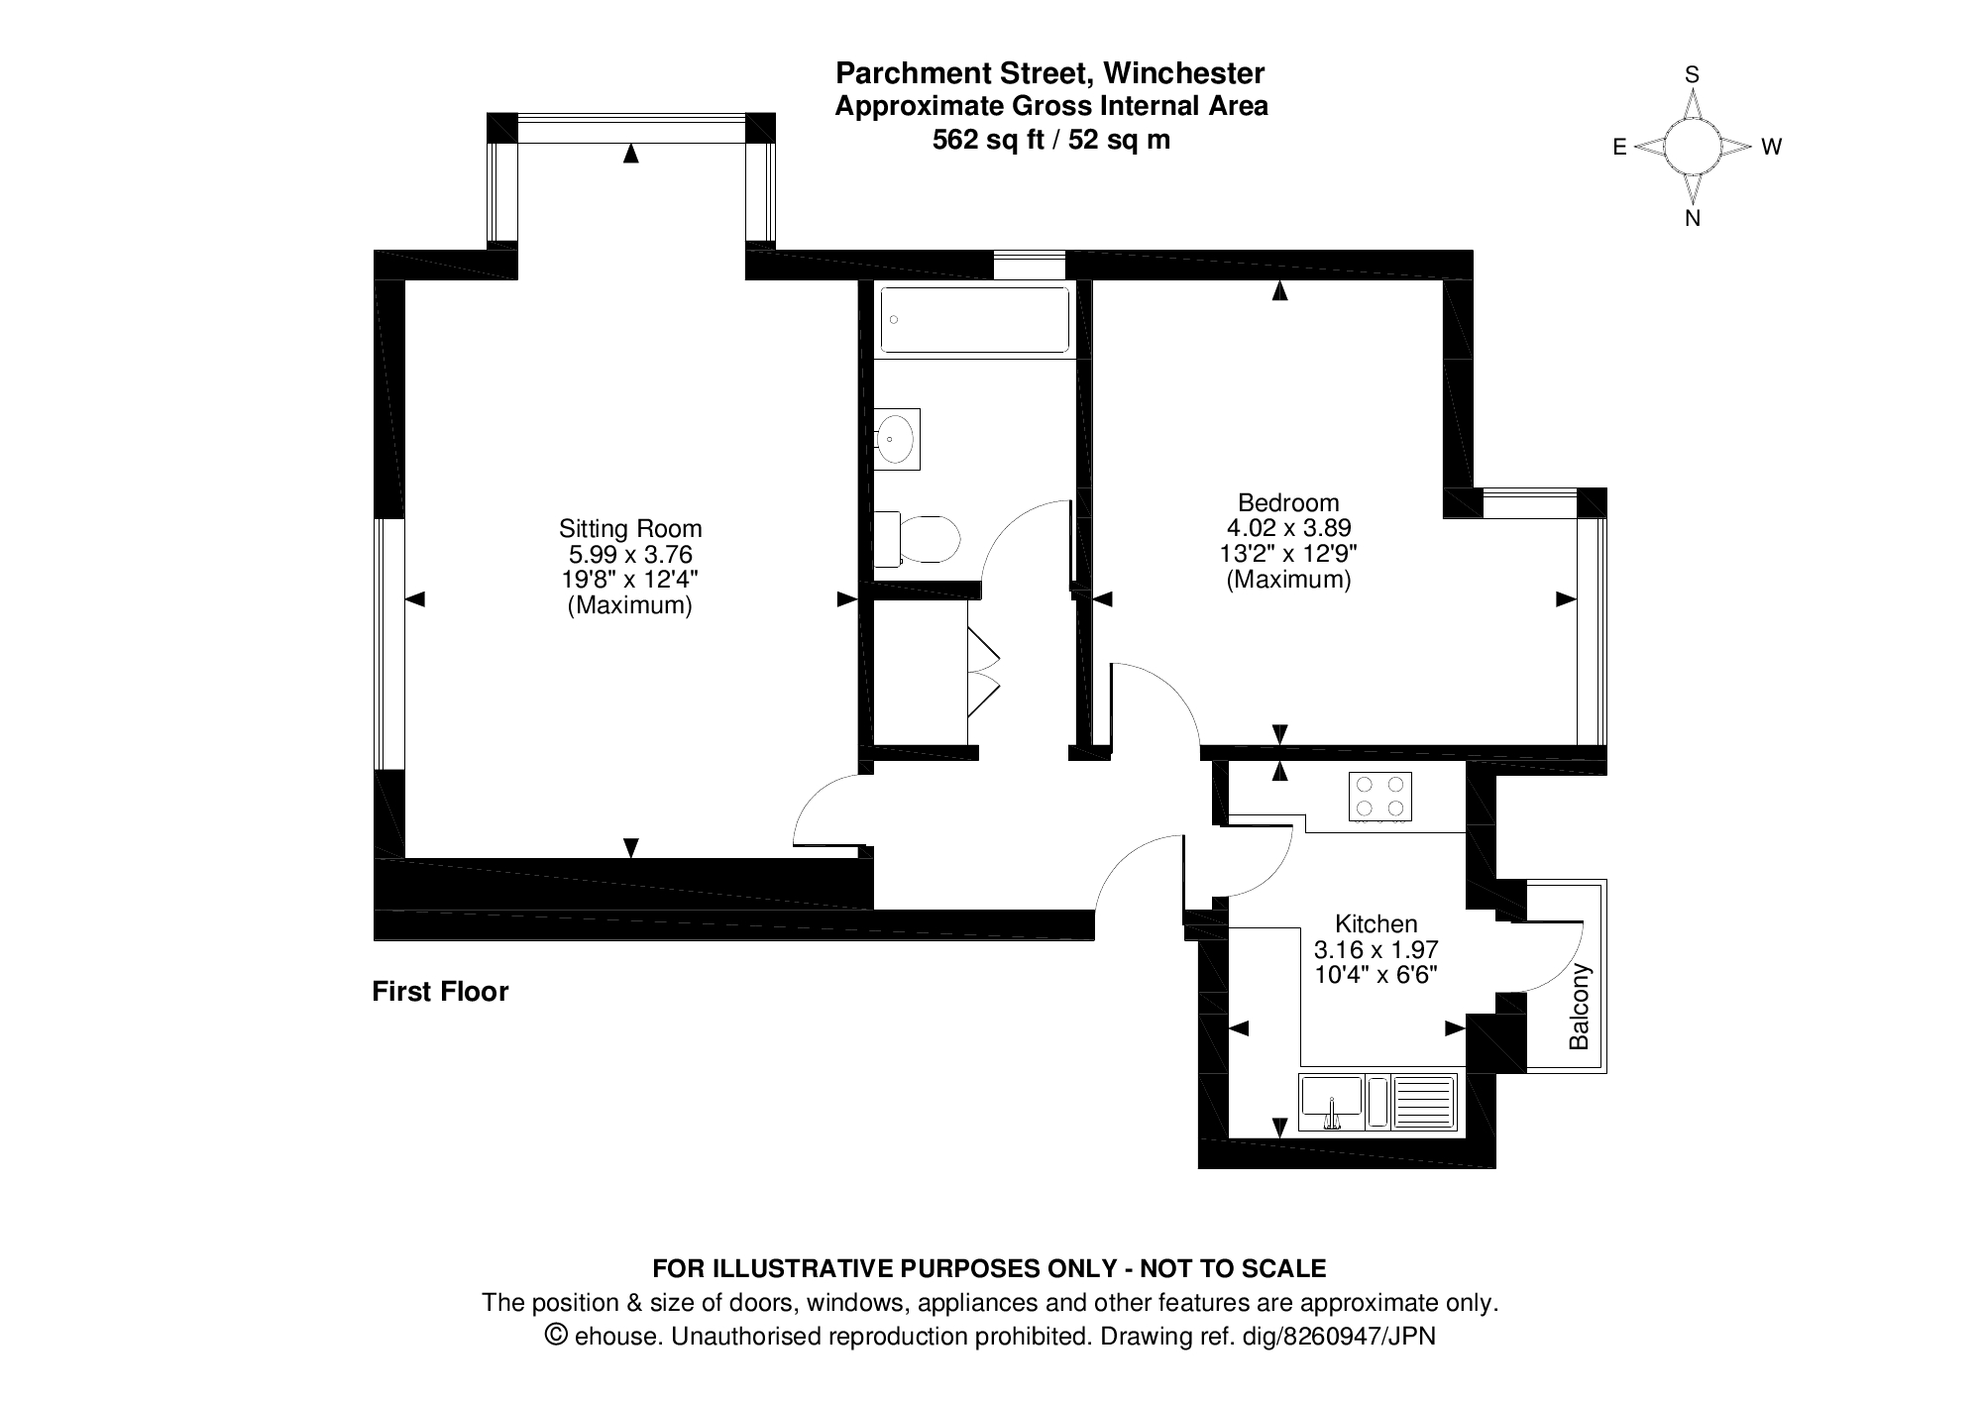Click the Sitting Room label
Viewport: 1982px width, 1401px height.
(x=630, y=528)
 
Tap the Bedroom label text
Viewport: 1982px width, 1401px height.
(x=1288, y=502)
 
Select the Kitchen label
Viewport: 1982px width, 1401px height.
(x=1376, y=923)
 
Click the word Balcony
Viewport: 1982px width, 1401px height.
(x=1579, y=1007)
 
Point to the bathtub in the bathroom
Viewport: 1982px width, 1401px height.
(x=975, y=320)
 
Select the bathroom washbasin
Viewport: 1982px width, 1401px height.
(x=897, y=438)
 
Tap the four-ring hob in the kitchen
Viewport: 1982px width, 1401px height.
(x=1380, y=798)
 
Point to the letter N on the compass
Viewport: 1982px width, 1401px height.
(x=1693, y=219)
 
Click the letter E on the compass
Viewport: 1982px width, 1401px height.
(x=1619, y=148)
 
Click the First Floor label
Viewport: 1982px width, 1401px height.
(x=440, y=991)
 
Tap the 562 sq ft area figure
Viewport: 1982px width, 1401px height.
(x=988, y=140)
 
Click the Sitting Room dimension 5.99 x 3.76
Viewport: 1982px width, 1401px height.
(x=630, y=554)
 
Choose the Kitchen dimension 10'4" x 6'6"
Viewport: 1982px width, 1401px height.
(x=1376, y=974)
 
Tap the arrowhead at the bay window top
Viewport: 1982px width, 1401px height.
(x=630, y=153)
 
